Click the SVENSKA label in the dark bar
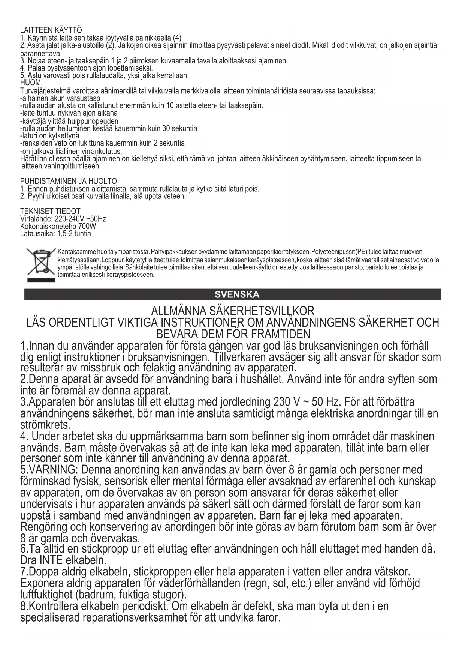(232, 294)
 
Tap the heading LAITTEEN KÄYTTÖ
(51, 30)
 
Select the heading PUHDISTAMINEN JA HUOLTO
(68, 182)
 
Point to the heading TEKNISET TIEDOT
(50, 211)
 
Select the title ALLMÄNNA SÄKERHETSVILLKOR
(232, 311)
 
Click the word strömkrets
(45, 425)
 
